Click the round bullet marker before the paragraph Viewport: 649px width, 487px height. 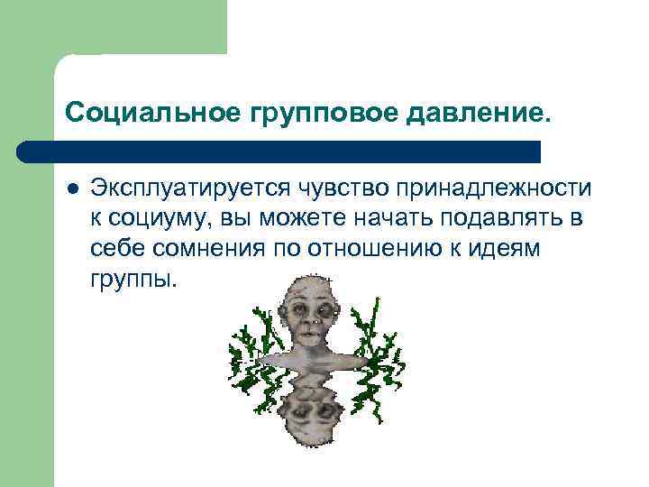[x=72, y=189]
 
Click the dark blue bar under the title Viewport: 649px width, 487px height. [x=279, y=152]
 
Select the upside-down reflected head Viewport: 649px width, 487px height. [x=309, y=401]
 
